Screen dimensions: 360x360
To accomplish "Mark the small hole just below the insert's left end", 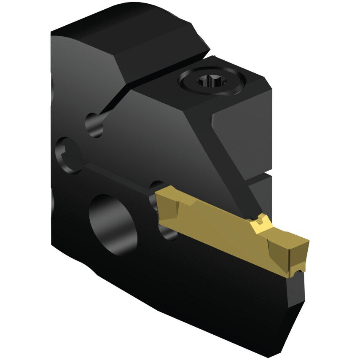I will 166,228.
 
